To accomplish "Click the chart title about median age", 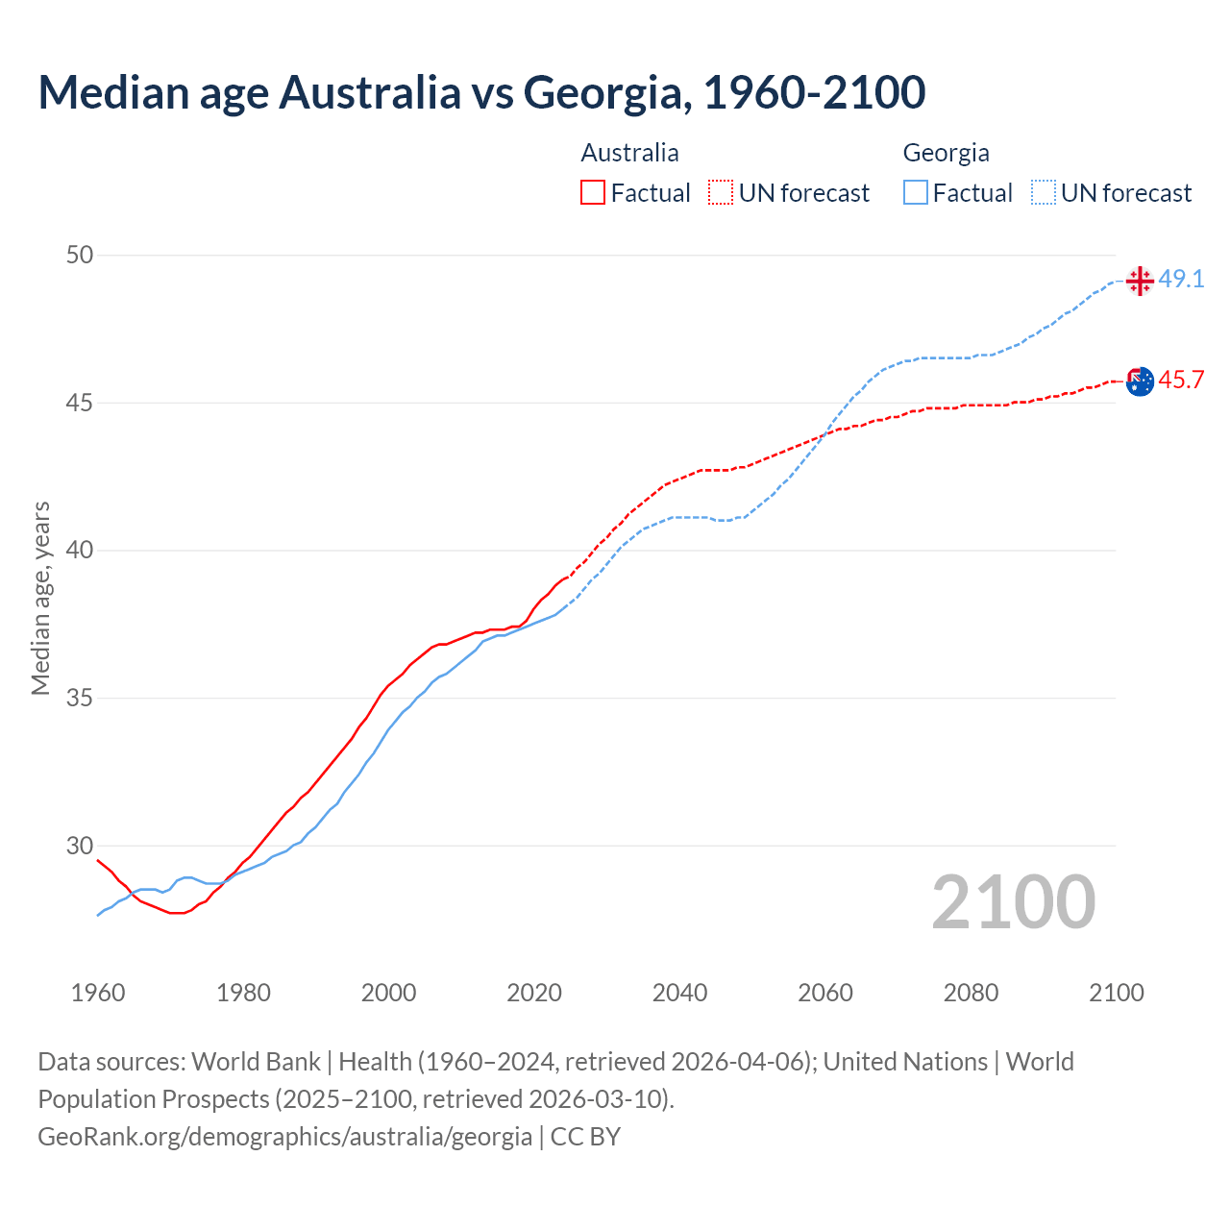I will (x=481, y=92).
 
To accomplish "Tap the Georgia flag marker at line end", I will (x=1140, y=281).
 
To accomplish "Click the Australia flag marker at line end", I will (x=1140, y=381).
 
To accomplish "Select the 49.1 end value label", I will (x=1181, y=280).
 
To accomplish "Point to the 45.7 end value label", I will (x=1181, y=381).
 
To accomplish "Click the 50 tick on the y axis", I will (x=80, y=255).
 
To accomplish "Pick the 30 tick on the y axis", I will (x=80, y=846).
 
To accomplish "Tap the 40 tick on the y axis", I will (x=80, y=551).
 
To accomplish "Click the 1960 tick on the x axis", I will (x=98, y=993).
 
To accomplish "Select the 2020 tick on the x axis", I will (x=534, y=993).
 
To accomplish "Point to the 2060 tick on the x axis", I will (x=825, y=993).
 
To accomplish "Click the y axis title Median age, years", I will (x=40, y=598).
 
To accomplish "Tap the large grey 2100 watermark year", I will (x=1014, y=902).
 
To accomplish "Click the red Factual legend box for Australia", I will (x=593, y=193).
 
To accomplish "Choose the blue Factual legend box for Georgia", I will (x=916, y=193).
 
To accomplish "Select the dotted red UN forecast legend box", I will (x=721, y=193).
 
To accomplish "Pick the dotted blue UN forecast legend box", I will (x=1044, y=193).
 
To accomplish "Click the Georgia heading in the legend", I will (x=946, y=153).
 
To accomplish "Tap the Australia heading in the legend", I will (x=629, y=153).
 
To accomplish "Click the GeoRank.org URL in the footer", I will (x=284, y=1137).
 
